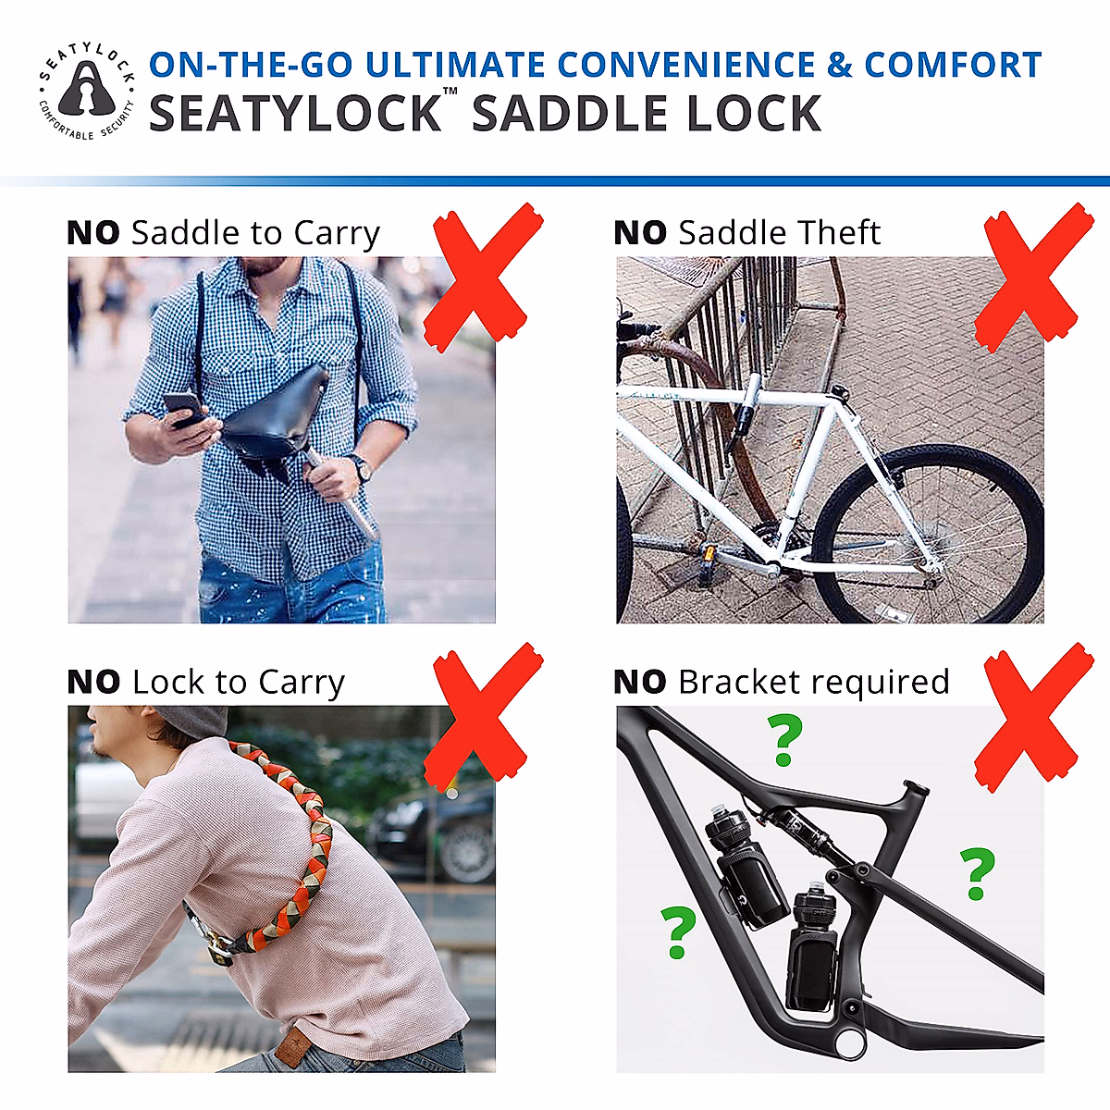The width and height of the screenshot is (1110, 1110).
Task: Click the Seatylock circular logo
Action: click(x=87, y=91)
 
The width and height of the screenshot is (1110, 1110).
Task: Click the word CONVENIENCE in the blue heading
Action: click(x=686, y=65)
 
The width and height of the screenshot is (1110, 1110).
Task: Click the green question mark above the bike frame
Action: click(x=785, y=741)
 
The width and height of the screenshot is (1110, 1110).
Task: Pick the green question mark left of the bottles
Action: click(x=678, y=931)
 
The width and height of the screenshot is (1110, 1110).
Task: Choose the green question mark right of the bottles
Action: click(x=976, y=872)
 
